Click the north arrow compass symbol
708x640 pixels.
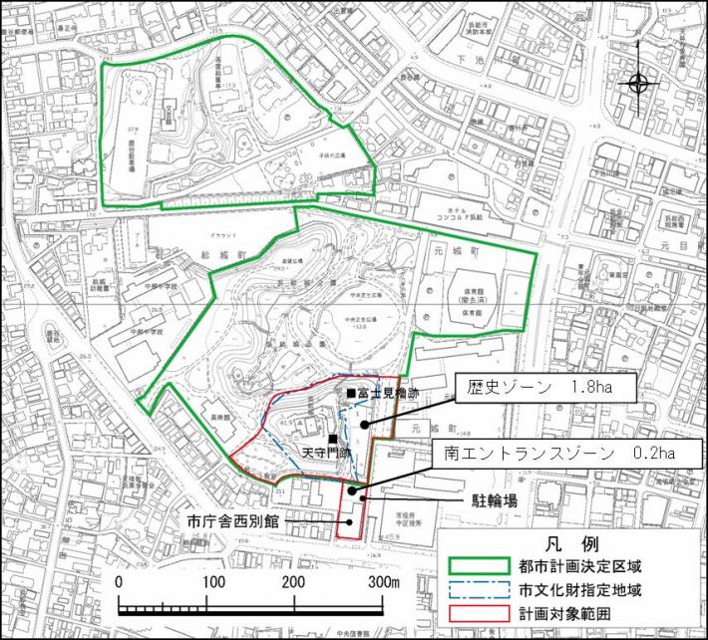(x=639, y=84)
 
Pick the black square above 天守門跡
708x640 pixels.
(x=331, y=439)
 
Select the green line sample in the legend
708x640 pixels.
(x=479, y=566)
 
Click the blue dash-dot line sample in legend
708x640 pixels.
(x=479, y=588)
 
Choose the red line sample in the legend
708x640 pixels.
(x=479, y=610)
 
